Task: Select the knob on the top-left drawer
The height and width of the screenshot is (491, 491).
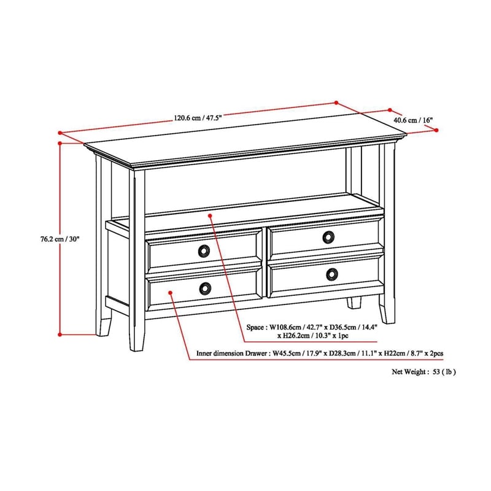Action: [203, 250]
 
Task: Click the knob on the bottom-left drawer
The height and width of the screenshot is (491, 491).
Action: [203, 287]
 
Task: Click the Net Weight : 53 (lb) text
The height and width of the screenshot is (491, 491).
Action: [424, 372]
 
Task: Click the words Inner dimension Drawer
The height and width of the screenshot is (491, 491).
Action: [231, 354]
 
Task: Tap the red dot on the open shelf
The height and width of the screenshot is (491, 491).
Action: [210, 215]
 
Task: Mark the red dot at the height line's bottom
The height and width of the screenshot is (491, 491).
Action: [60, 334]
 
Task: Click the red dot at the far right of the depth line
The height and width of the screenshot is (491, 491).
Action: [436, 130]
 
